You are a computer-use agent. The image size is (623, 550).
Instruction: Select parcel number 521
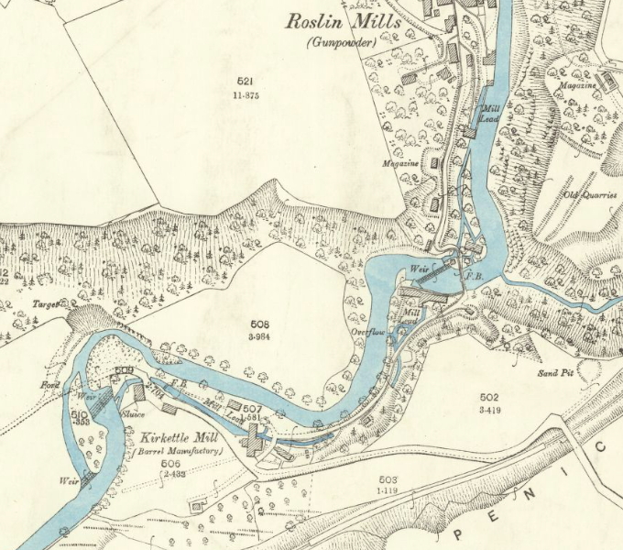pyautogui.click(x=244, y=82)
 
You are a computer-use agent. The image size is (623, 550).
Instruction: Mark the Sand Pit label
pyautogui.click(x=554, y=373)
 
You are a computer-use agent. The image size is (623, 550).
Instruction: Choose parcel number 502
pyautogui.click(x=488, y=396)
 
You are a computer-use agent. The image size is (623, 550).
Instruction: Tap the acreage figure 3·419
pyautogui.click(x=488, y=409)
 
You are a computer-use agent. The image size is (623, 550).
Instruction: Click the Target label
pyautogui.click(x=46, y=302)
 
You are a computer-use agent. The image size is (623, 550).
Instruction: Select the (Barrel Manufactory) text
pyautogui.click(x=174, y=452)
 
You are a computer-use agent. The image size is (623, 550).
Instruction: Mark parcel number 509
pyautogui.click(x=126, y=370)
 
